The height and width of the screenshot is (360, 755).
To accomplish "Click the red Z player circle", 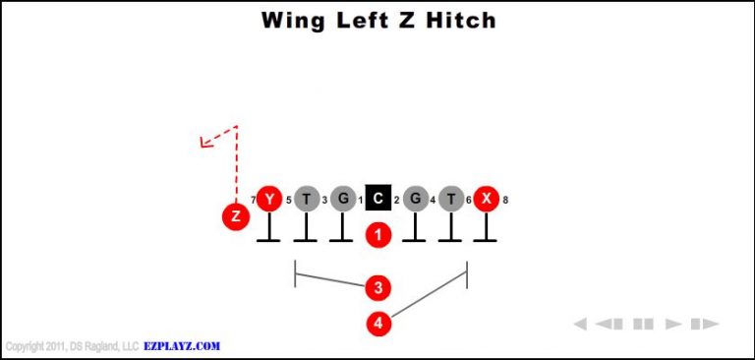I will pos(235,216).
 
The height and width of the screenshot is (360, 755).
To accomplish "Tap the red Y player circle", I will pos(268,200).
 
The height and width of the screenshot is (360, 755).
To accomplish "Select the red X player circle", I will pos(486,200).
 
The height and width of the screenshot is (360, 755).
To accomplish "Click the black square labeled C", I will pos(377,200).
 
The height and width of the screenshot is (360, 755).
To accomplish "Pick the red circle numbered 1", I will pos(378,235).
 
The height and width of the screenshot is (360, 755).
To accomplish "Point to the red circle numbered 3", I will pos(378,287).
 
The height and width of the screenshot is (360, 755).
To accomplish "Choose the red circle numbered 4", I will pos(378,322).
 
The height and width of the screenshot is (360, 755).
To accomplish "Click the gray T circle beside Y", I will pos(306,200).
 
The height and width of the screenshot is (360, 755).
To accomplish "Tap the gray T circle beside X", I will pos(450,200).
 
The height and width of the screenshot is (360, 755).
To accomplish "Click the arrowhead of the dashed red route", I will pos(204,144).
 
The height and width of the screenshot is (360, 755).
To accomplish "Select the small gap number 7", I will pos(253,201).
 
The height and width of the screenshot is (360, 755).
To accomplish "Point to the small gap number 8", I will pos(505,201).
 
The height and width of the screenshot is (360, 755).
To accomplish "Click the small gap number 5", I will pos(288,201).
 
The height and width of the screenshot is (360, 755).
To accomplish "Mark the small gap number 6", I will pos(468,201).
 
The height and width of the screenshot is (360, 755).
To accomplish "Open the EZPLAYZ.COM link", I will pos(183,346).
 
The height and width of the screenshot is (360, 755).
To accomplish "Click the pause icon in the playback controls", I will pos(643,324).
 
